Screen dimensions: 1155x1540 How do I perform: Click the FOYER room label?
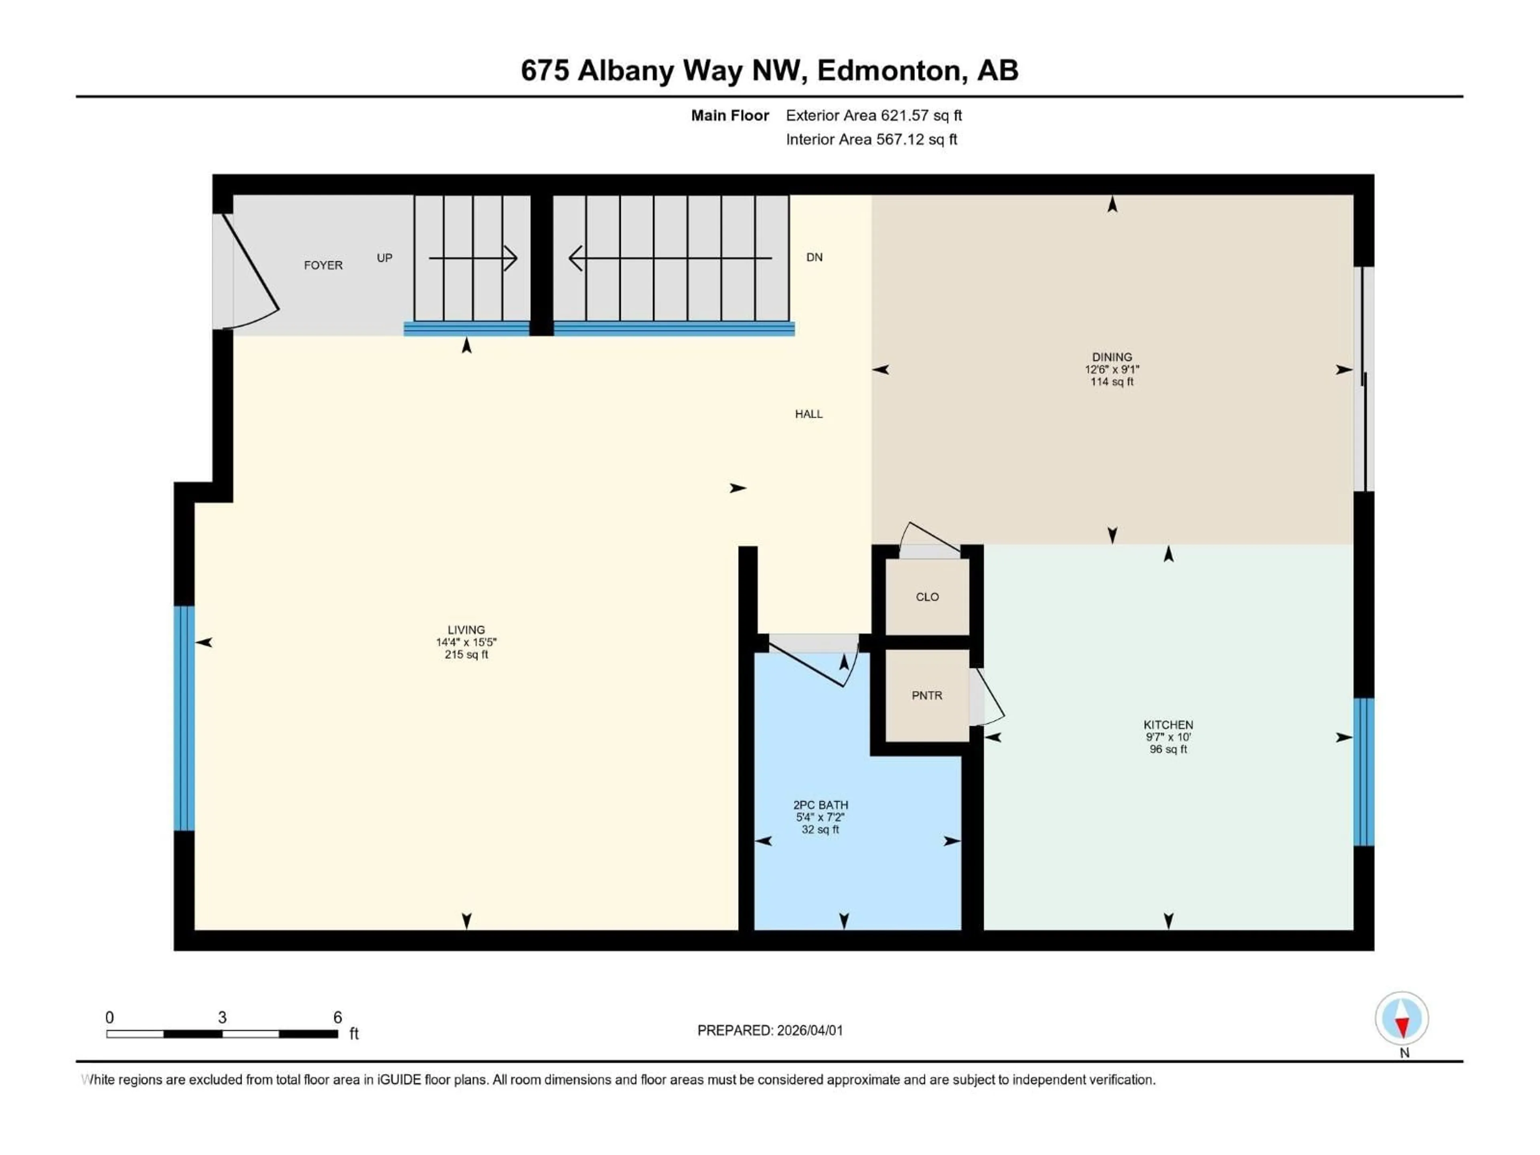coord(323,265)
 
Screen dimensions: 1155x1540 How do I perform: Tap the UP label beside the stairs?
coord(384,257)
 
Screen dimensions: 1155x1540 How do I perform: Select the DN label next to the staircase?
coord(814,257)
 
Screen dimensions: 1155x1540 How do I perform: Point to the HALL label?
coord(808,413)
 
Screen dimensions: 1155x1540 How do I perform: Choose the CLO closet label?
coord(927,597)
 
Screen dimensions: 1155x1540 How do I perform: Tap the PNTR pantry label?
coord(927,695)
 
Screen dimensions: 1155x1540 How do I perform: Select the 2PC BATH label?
coord(820,805)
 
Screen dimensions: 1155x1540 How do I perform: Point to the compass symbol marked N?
coord(1402,1019)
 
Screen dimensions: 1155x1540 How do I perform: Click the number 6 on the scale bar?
coord(338,1017)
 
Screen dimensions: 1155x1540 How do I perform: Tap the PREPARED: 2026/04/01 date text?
coord(770,1030)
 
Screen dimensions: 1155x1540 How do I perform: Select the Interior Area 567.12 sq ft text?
coord(871,139)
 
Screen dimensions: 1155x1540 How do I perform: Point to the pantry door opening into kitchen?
coord(985,696)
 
